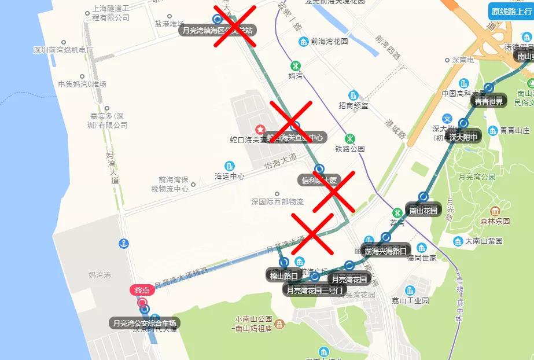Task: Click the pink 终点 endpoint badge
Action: click(141, 290)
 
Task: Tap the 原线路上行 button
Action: click(511, 11)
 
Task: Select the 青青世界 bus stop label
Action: click(489, 101)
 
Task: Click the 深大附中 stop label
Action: click(463, 137)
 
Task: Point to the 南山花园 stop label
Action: click(423, 210)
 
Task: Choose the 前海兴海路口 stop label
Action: click(385, 250)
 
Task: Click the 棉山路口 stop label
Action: click(283, 275)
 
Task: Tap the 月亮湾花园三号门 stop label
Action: click(315, 289)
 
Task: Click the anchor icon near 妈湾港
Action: click(123, 244)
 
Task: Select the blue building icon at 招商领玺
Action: click(353, 95)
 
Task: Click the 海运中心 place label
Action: click(230, 176)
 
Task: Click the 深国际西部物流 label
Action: click(277, 202)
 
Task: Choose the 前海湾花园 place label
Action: click(329, 42)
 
